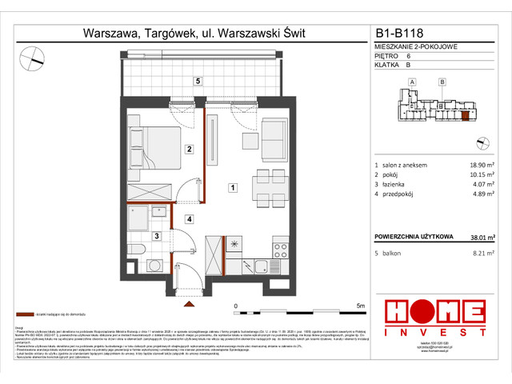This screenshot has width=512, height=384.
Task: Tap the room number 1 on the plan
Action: tap(232, 188)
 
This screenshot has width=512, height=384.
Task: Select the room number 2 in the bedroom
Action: tap(188, 149)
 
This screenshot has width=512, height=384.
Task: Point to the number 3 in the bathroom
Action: tap(158, 235)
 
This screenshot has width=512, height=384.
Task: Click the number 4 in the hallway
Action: tap(190, 218)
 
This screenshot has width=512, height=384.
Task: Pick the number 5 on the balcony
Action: tap(197, 80)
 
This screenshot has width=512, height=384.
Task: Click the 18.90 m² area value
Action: tap(478, 164)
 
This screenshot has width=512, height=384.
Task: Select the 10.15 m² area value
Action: tap(478, 178)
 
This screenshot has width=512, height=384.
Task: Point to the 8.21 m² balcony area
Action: tap(480, 254)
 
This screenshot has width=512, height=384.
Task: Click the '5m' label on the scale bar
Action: tap(361, 306)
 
